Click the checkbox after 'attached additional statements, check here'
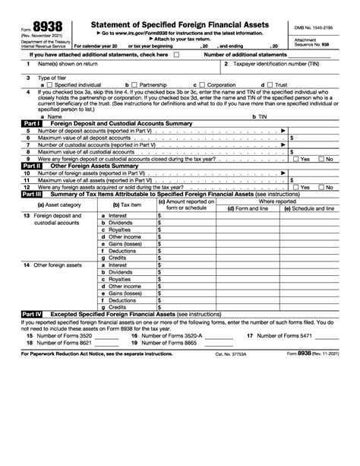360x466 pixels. [177, 55]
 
